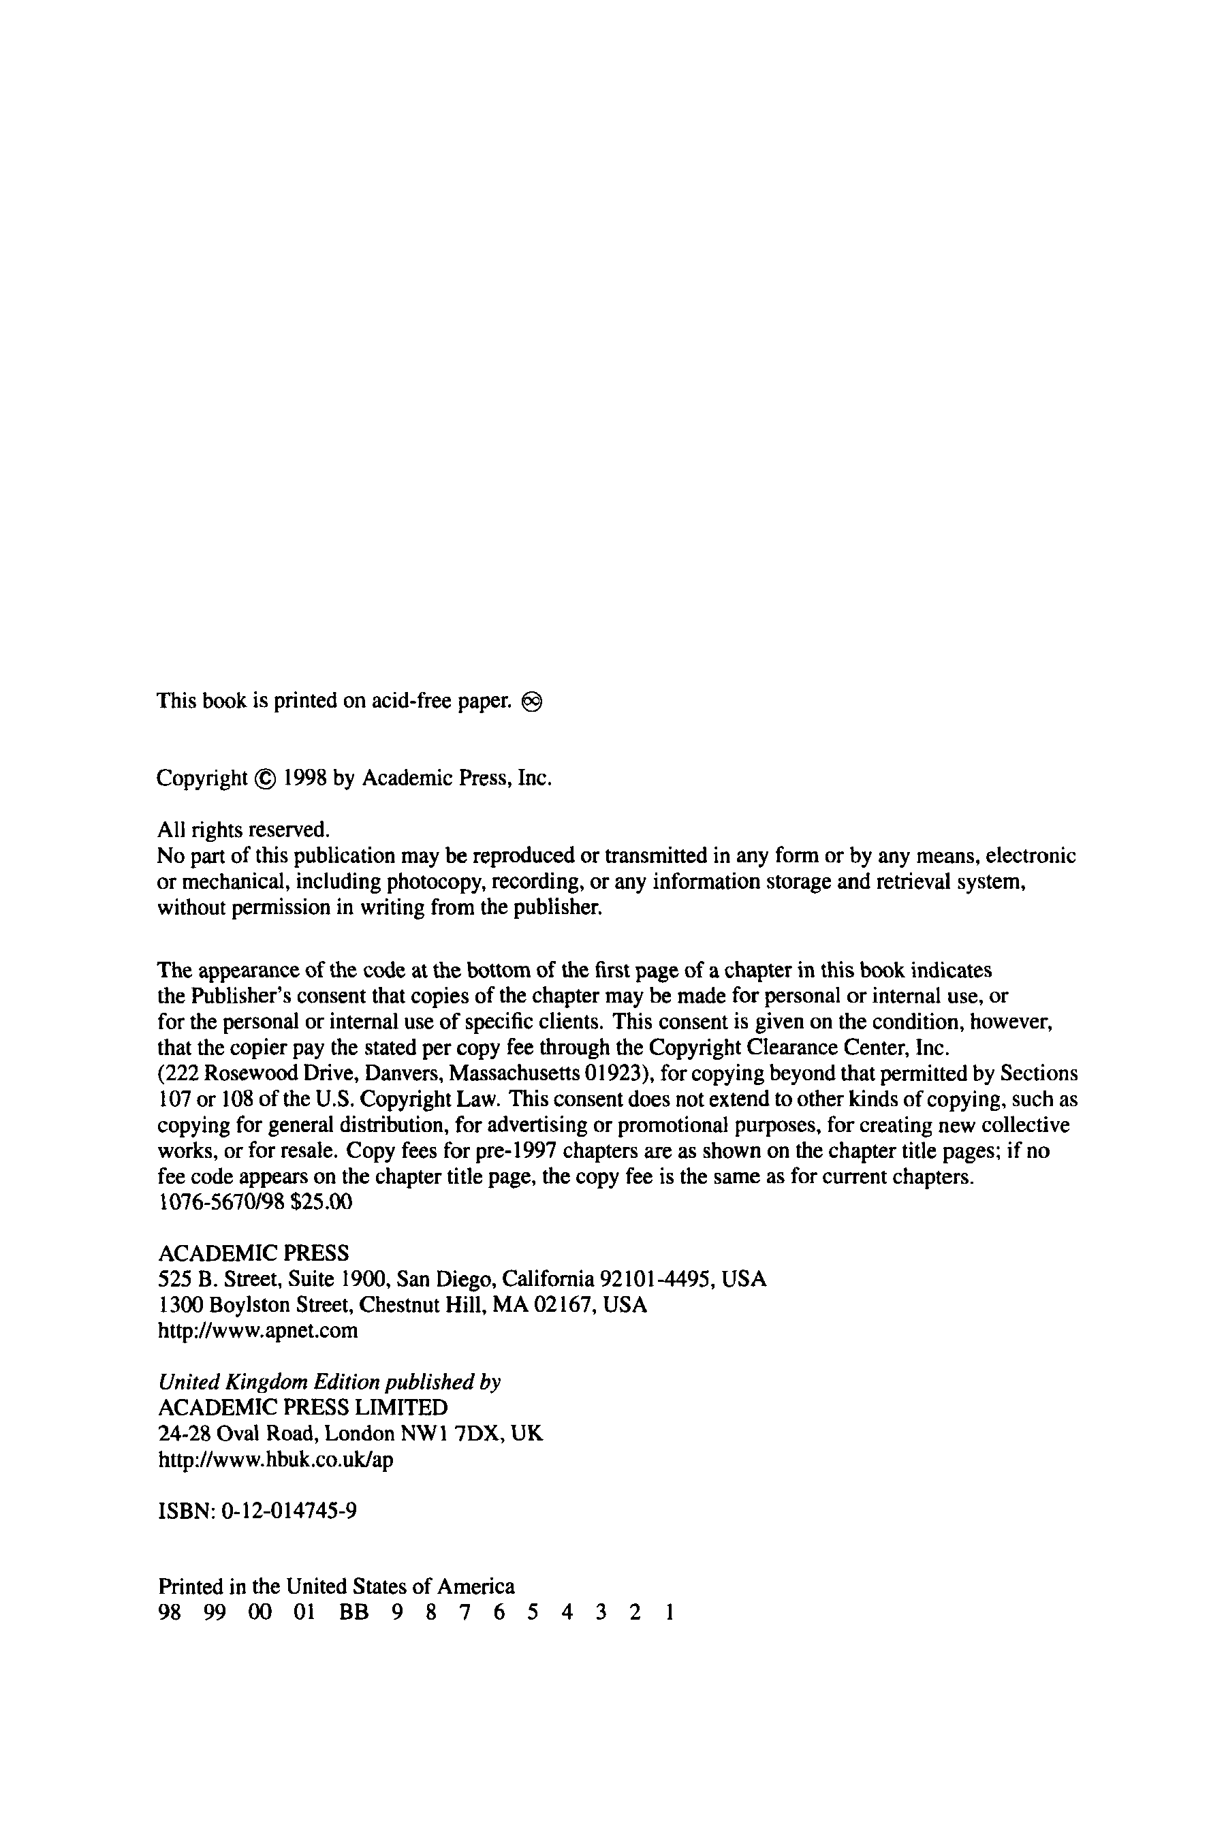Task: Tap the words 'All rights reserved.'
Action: point(244,830)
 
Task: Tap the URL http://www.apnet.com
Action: point(258,1331)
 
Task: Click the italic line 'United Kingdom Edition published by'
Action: point(329,1383)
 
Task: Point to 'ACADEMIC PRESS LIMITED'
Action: point(302,1408)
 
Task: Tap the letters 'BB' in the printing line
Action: point(353,1612)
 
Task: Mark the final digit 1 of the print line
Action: point(669,1612)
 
